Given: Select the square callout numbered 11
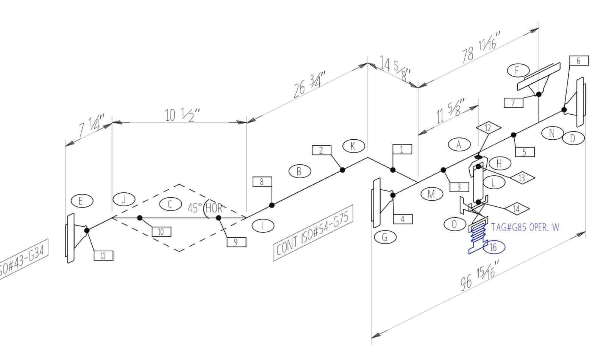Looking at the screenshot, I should point(103,256).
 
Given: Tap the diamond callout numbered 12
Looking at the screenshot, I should point(488,128).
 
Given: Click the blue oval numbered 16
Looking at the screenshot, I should point(494,248).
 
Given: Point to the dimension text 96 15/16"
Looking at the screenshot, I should point(478,275).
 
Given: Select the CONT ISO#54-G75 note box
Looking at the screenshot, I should point(313,233).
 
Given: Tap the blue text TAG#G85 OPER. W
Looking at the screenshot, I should point(525,228).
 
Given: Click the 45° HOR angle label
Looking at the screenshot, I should point(205,208).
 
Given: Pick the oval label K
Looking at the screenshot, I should point(353,146).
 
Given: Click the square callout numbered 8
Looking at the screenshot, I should point(262,182).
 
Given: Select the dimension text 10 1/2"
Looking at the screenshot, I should point(182,115).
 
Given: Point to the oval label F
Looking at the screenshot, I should point(517,70).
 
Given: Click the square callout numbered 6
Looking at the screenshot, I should point(579,61).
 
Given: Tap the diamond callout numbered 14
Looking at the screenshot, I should point(517,209).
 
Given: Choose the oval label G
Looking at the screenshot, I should point(385,237).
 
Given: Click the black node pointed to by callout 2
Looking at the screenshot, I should point(342,170).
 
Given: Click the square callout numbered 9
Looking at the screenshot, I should point(236,242).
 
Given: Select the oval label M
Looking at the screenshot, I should point(431,194).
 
